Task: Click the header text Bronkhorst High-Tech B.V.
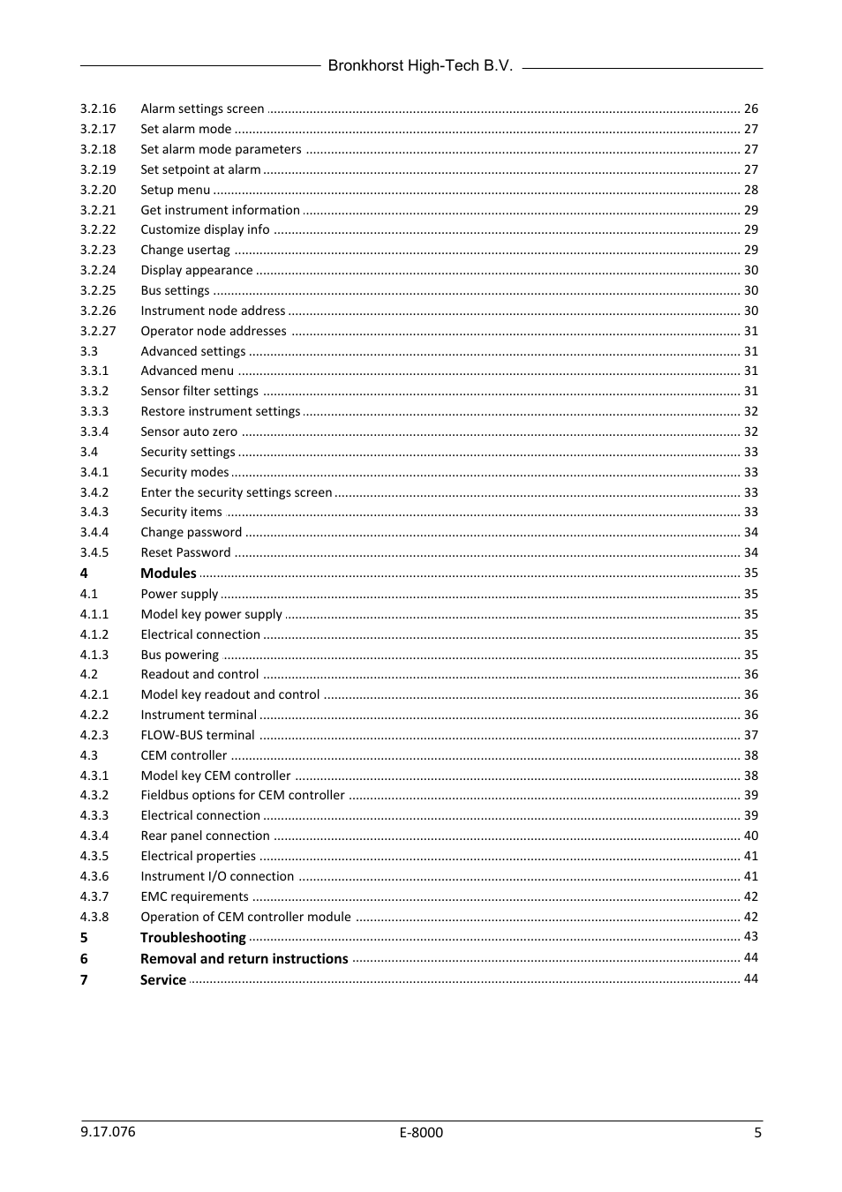(420, 66)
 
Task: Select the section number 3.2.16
(98, 109)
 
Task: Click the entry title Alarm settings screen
(202, 109)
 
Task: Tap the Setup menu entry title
(175, 190)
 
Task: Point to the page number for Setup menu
(750, 190)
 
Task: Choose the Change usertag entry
(184, 250)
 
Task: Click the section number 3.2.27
(98, 331)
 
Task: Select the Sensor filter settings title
(199, 391)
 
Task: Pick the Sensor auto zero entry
(189, 431)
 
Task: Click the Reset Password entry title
(185, 552)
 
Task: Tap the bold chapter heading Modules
(169, 574)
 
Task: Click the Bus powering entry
(179, 655)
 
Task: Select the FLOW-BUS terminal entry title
(198, 735)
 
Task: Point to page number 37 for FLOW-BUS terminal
(750, 735)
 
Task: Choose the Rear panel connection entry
(205, 836)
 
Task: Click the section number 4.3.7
(94, 896)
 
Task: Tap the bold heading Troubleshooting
(192, 938)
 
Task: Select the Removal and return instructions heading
(244, 959)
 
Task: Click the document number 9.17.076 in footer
(108, 1132)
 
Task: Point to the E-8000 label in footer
(421, 1133)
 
